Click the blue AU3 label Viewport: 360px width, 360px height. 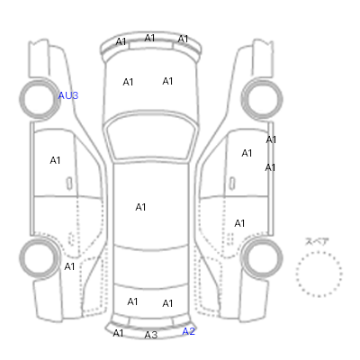[x=68, y=95]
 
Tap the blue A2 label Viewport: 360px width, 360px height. [x=189, y=331]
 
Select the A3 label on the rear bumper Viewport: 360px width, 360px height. [x=151, y=335]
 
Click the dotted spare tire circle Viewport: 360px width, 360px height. [x=319, y=252]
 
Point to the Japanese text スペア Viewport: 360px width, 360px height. [x=317, y=241]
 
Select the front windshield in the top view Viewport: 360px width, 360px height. [x=151, y=137]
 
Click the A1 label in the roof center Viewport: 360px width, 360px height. [x=140, y=207]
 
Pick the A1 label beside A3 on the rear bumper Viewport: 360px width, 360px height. [x=118, y=333]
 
